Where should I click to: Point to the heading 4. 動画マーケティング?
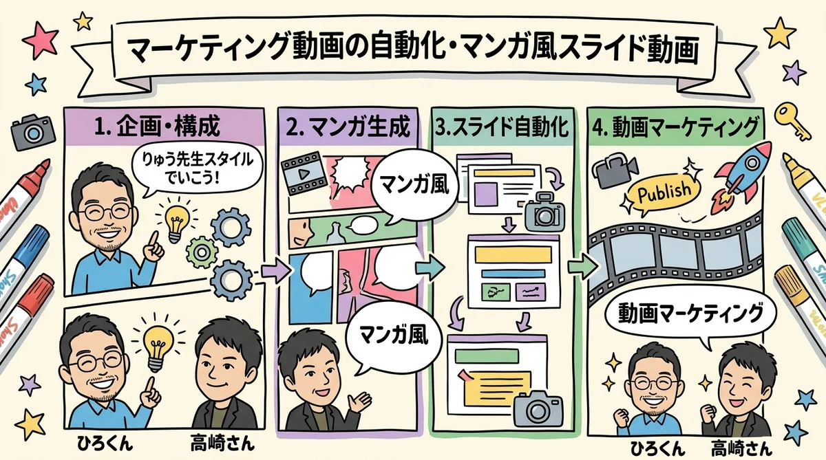point(678,127)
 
